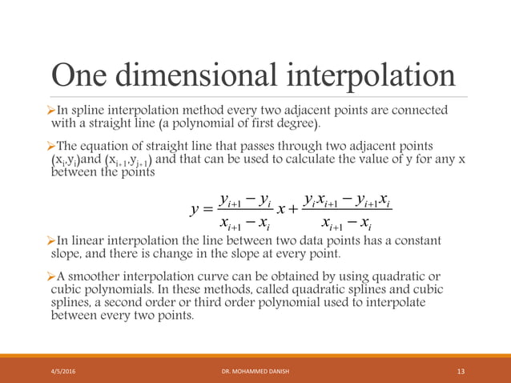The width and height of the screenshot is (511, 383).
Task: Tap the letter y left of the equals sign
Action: point(195,209)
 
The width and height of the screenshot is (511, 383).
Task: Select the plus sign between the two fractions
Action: point(292,210)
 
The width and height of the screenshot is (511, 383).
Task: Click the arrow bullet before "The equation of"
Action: point(54,145)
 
